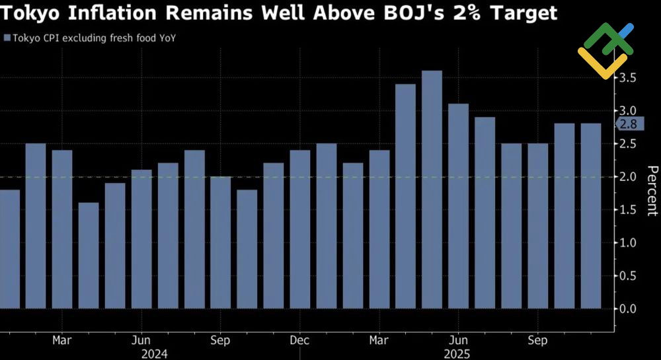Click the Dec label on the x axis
(x=299, y=340)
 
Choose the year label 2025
(x=457, y=353)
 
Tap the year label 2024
(x=154, y=353)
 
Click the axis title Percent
(x=651, y=191)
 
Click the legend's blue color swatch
(x=7, y=38)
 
